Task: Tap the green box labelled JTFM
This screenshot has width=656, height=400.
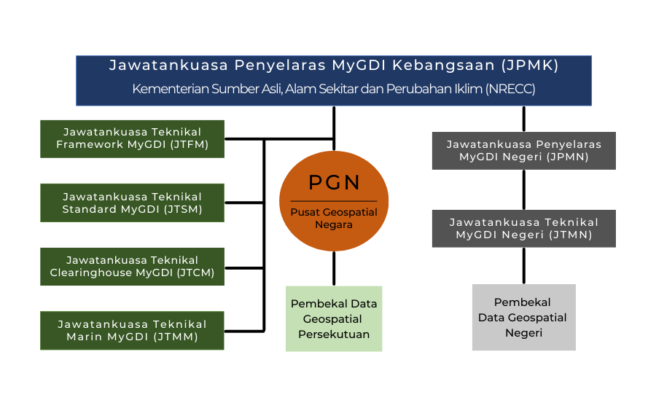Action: click(x=132, y=139)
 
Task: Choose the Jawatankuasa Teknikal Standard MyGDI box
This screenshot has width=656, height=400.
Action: click(x=132, y=203)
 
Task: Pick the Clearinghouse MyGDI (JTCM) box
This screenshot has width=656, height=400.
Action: click(x=132, y=267)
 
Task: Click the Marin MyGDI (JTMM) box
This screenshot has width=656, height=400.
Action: click(x=132, y=330)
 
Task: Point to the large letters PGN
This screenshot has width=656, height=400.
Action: click(x=334, y=182)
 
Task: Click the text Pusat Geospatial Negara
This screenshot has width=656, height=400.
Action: click(x=334, y=219)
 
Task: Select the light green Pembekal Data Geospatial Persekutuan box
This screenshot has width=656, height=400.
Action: click(x=334, y=319)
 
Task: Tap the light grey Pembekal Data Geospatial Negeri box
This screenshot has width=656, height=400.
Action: click(x=524, y=317)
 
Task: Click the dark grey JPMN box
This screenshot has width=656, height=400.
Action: click(x=524, y=151)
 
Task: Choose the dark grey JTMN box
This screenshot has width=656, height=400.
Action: click(x=524, y=229)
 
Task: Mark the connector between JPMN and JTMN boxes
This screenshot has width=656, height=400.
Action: click(x=524, y=189)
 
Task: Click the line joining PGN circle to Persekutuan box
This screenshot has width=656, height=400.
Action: click(x=334, y=269)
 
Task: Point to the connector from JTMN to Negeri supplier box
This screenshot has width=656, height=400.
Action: click(x=524, y=266)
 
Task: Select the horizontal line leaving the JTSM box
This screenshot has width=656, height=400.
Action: click(x=244, y=203)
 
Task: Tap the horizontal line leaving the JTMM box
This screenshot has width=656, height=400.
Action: click(x=244, y=331)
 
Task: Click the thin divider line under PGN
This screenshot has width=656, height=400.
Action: click(x=334, y=201)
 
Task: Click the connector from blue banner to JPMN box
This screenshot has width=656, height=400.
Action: click(x=524, y=119)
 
